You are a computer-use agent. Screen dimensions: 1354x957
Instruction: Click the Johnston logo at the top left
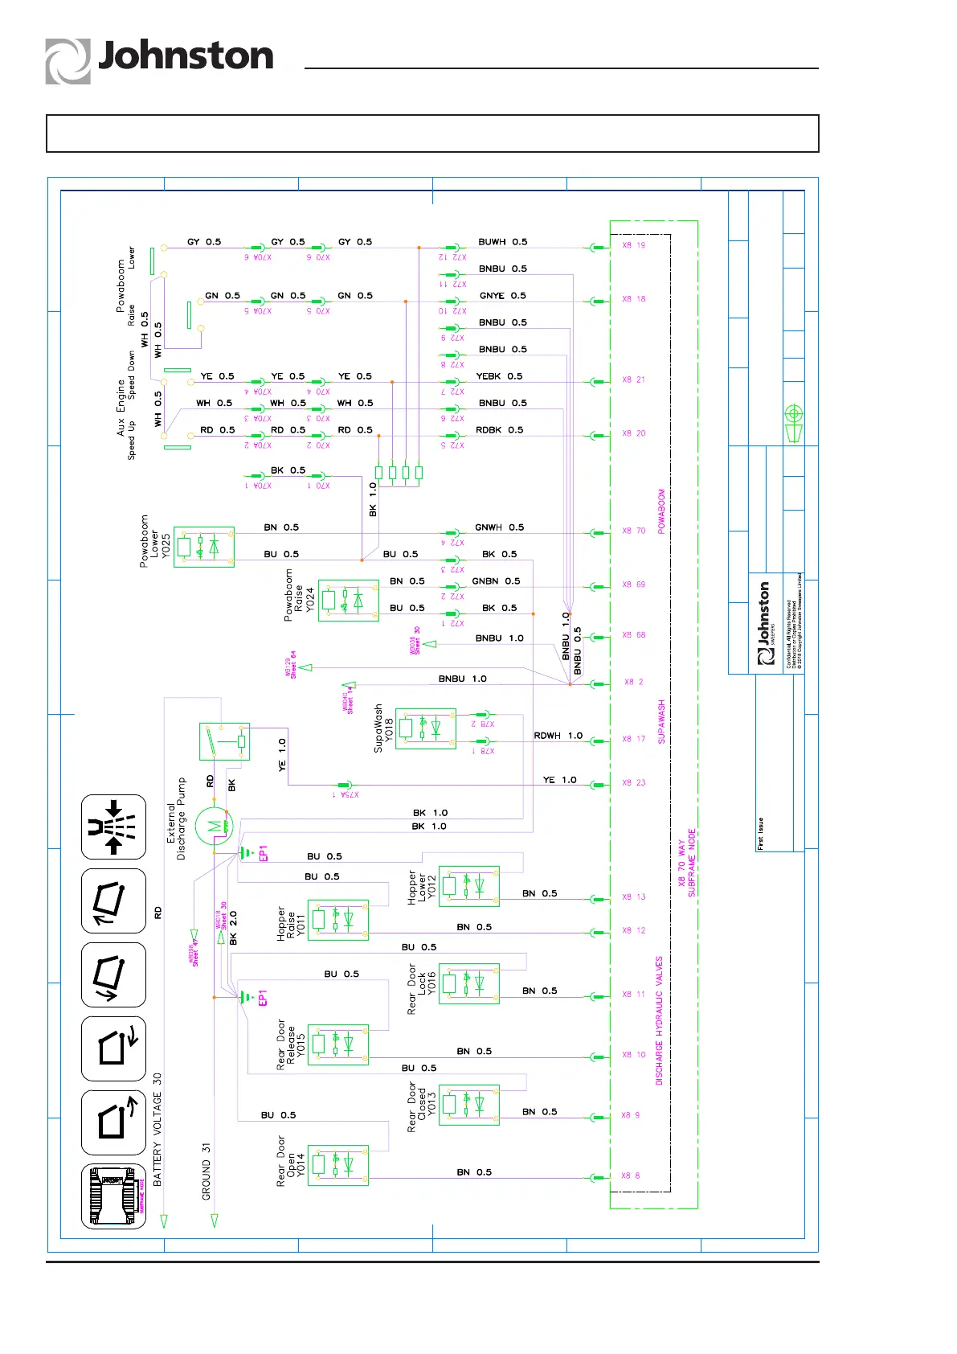click(159, 60)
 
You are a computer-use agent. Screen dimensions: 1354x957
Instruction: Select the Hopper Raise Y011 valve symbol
click(338, 920)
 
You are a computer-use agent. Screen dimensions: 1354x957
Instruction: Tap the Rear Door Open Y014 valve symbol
click(338, 1165)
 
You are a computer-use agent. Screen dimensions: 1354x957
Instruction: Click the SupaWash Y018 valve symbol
click(426, 728)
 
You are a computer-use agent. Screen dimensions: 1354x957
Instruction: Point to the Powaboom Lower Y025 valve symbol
click(204, 548)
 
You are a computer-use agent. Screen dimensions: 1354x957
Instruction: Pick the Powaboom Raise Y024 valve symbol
click(349, 600)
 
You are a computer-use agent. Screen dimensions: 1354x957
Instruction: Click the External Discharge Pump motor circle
click(214, 826)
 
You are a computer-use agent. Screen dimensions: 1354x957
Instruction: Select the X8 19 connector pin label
click(633, 245)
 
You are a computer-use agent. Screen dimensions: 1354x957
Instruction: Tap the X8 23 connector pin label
click(633, 782)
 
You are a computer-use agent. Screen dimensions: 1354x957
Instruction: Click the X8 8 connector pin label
click(631, 1176)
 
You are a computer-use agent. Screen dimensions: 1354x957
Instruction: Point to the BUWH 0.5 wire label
click(503, 241)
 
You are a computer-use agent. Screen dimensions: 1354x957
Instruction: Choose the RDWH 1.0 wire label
click(558, 735)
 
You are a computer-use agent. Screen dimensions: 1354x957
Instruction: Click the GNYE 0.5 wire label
click(502, 295)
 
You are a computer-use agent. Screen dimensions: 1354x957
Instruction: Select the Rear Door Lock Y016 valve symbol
click(469, 983)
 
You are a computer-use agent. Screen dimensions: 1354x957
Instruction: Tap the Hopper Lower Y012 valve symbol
click(469, 886)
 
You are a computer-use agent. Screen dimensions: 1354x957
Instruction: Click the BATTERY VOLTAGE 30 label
click(157, 1129)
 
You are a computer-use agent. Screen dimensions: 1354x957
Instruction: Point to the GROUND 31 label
click(207, 1171)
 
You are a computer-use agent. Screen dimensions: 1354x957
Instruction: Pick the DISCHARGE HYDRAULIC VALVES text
click(660, 1020)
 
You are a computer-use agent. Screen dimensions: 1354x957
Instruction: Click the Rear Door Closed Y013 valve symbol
click(469, 1105)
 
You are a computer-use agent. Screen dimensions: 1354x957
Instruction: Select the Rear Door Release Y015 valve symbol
click(338, 1044)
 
